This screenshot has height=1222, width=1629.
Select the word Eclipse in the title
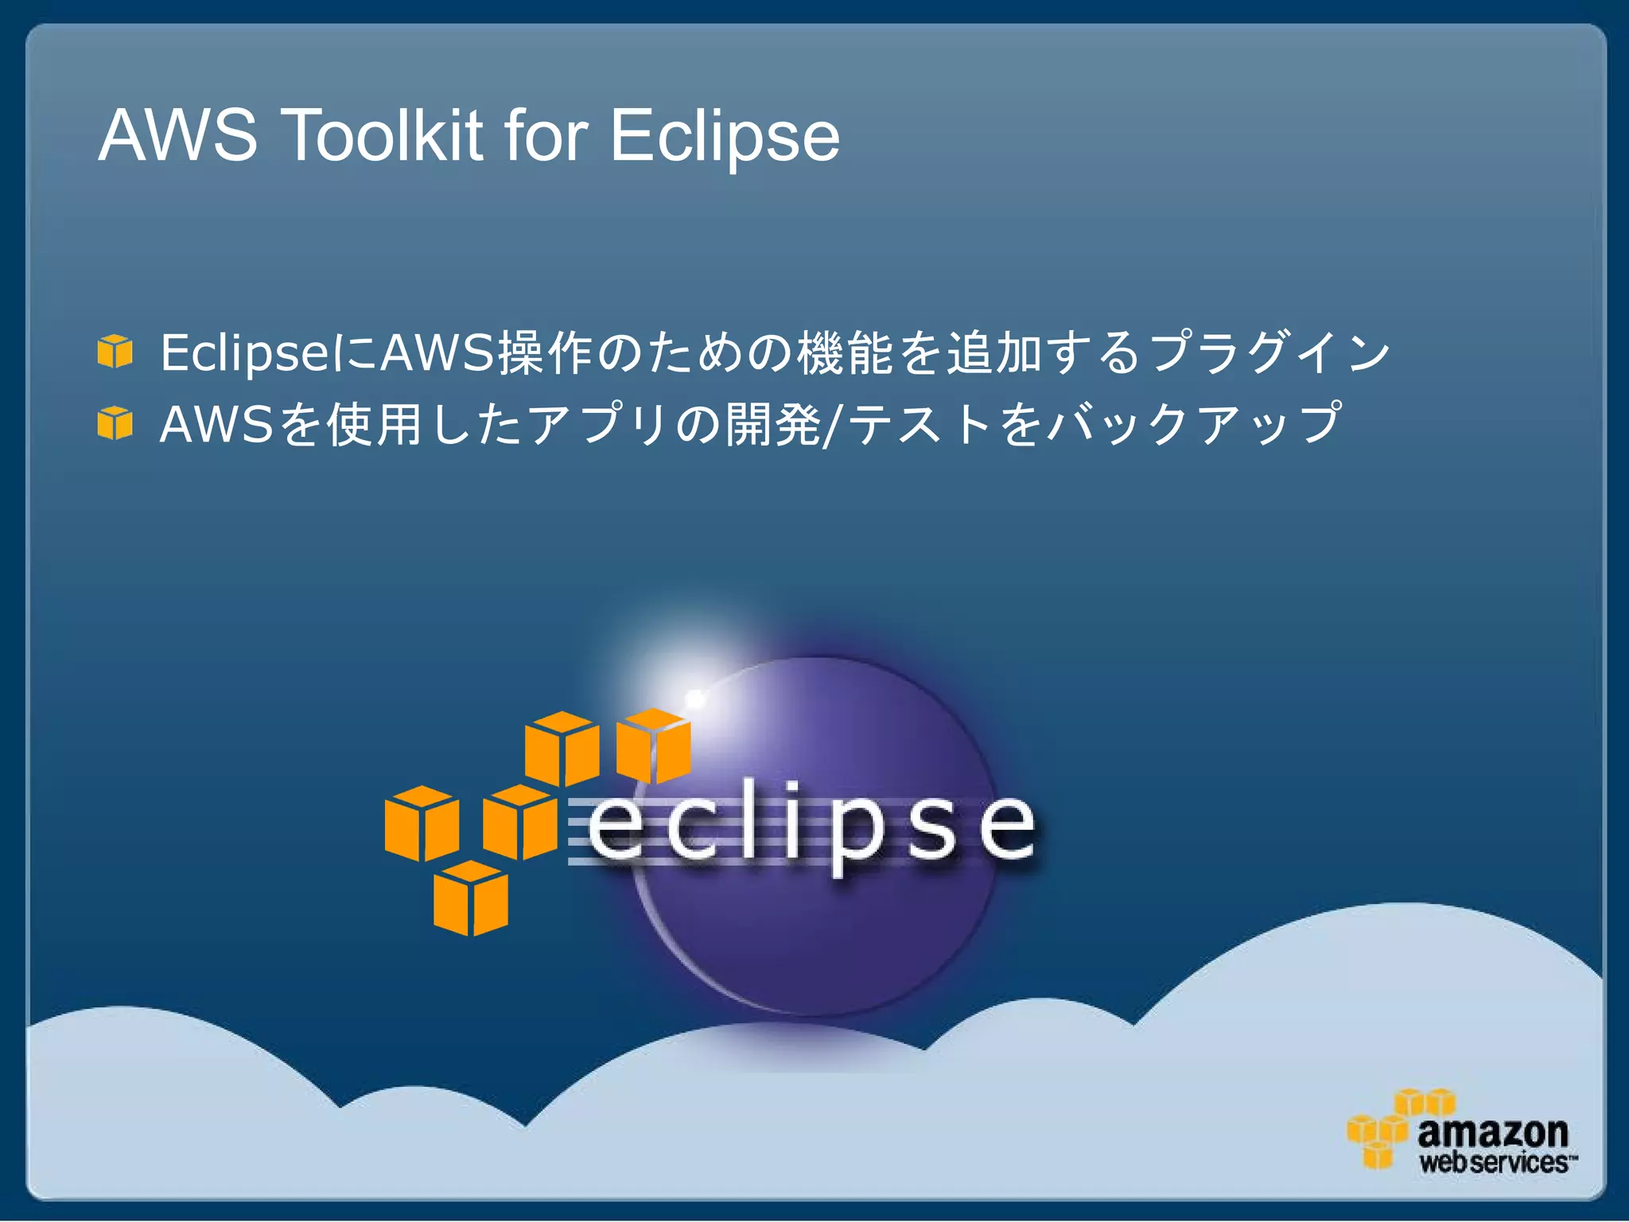tap(725, 137)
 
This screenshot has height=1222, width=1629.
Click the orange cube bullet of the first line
tap(115, 351)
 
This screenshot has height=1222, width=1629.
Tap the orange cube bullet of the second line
tap(115, 422)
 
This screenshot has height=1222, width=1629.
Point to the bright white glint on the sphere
tap(695, 699)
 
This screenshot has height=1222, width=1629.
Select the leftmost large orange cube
tap(422, 823)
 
